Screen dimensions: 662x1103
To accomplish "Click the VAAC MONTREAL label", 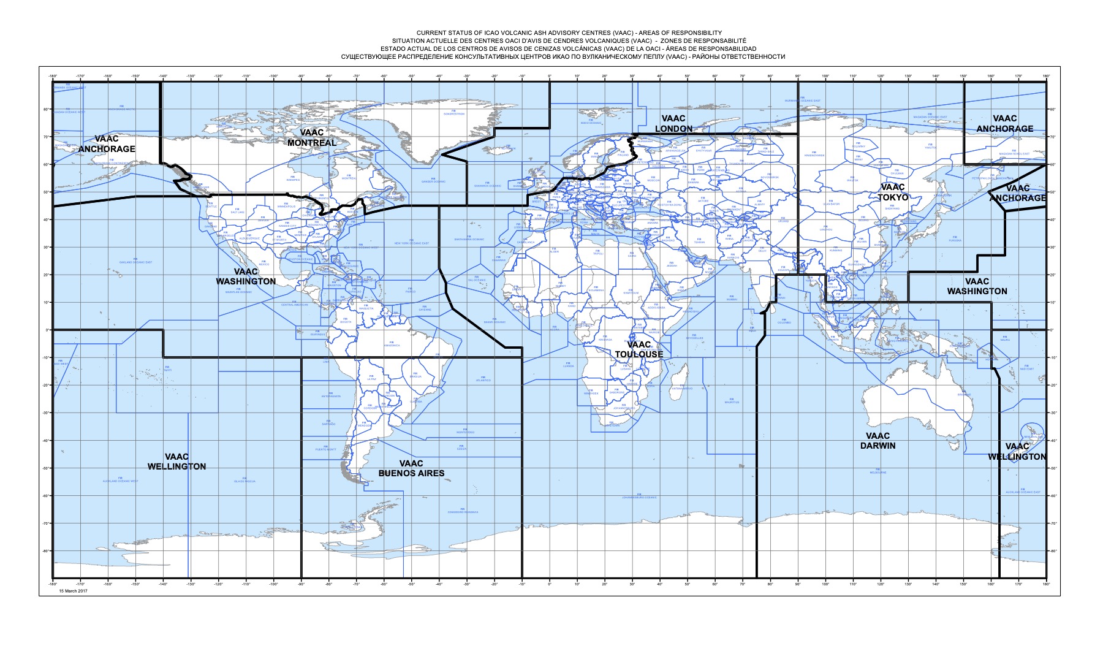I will tap(312, 138).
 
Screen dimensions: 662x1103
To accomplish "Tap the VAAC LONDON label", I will tap(673, 124).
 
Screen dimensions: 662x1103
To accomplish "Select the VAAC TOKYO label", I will tap(893, 192).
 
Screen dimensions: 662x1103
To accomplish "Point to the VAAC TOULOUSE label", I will tap(639, 349).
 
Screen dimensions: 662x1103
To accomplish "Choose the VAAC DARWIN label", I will tap(877, 441).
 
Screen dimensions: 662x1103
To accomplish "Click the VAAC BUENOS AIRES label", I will tap(411, 468).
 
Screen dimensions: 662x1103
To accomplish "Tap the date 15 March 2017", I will tap(74, 591).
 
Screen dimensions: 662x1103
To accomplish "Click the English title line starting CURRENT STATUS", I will tap(569, 32).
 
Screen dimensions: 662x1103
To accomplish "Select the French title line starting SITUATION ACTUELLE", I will tap(569, 40).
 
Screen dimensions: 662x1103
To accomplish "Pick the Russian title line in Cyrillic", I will tap(563, 56).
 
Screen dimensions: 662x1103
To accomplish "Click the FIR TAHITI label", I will tap(168, 369).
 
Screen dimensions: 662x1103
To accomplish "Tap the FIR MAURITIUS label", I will tap(732, 401).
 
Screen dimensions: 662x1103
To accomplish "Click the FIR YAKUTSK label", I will tap(931, 146).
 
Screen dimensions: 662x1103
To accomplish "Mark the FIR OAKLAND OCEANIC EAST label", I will tap(136, 261).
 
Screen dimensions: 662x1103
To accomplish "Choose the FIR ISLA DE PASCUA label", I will tap(244, 480).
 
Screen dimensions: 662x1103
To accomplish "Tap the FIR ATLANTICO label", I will tap(483, 379).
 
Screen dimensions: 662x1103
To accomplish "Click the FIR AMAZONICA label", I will tap(392, 344).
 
